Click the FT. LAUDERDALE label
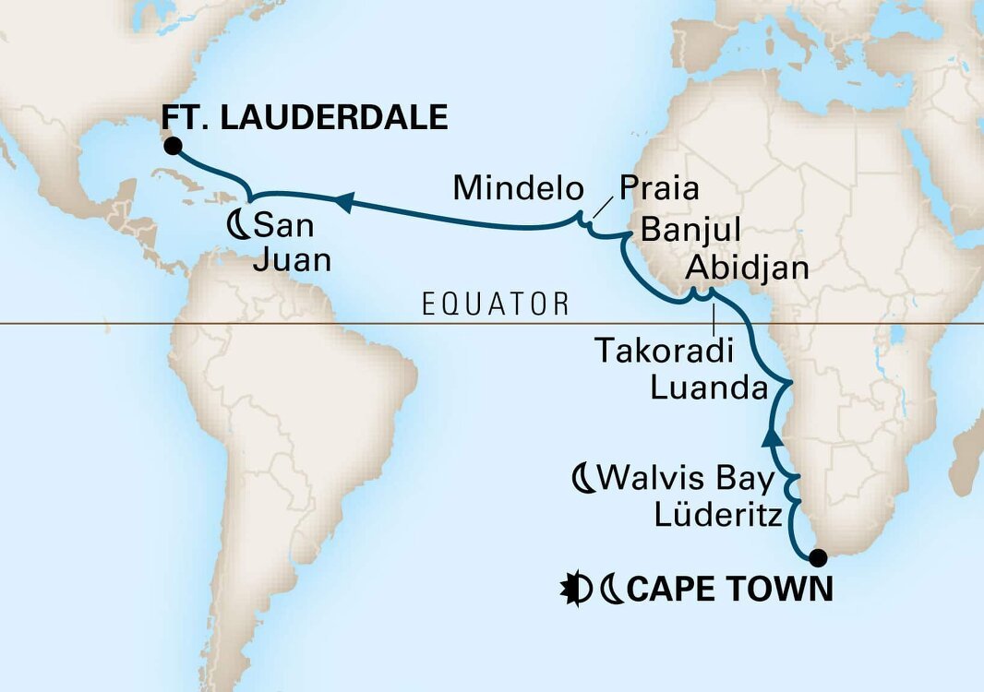[x=305, y=117]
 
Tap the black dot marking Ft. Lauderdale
[x=172, y=145]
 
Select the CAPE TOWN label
[x=729, y=589]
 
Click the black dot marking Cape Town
[x=817, y=557]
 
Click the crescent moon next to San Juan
[x=236, y=224]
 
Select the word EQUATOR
[x=495, y=304]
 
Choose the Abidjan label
[x=748, y=269]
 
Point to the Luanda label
[x=709, y=388]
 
